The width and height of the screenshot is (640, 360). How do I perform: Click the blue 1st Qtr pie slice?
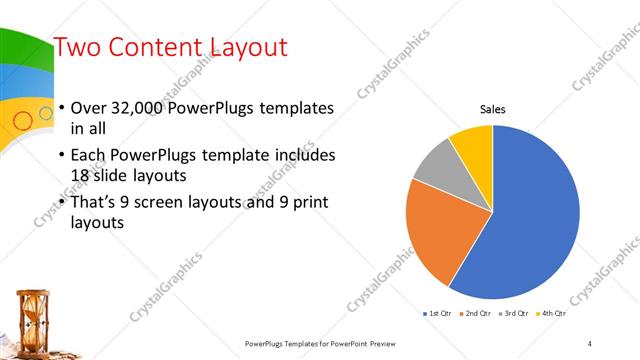pyautogui.click(x=530, y=220)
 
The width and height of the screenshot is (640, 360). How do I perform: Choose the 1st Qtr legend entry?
pyautogui.click(x=438, y=314)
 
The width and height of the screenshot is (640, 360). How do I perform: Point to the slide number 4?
pyautogui.click(x=590, y=343)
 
